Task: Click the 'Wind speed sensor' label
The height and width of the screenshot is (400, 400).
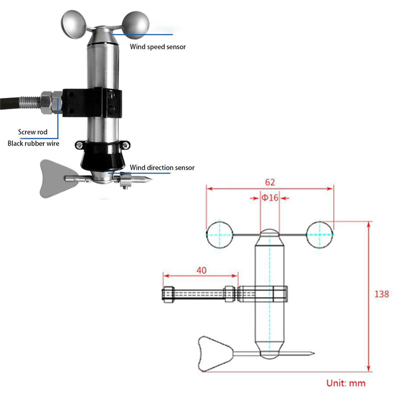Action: [x=158, y=46]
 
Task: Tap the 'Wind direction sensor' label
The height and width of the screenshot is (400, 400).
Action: [x=162, y=167]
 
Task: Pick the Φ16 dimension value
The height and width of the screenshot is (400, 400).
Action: [x=270, y=197]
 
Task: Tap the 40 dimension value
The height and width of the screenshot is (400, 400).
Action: [x=201, y=270]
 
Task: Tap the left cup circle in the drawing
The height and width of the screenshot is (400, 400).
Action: [x=219, y=234]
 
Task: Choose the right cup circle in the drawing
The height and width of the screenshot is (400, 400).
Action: [x=320, y=234]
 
